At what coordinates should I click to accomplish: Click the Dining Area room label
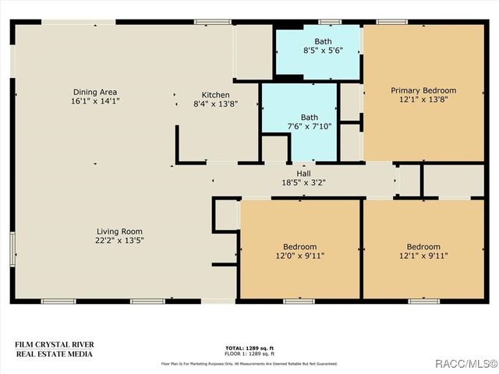pos(96,92)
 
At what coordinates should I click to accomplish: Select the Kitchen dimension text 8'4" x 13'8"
pos(215,104)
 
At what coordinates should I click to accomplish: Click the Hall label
pos(303,173)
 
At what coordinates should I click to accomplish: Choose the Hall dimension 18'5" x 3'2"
pos(303,182)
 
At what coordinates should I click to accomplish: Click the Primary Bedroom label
pos(423,90)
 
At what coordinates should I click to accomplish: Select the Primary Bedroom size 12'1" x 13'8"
pos(423,100)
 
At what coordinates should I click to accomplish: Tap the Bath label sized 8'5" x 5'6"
pos(323,41)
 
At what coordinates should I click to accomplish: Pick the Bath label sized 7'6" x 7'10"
pos(309,117)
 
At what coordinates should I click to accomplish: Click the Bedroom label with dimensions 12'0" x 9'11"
pos(300,246)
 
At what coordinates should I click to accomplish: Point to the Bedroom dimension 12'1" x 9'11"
pos(423,256)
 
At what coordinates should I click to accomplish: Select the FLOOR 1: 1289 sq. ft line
pos(249,353)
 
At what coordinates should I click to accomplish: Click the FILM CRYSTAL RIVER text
pos(54,344)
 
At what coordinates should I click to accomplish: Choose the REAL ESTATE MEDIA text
pos(54,354)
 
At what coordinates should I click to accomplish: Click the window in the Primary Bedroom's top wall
pos(391,22)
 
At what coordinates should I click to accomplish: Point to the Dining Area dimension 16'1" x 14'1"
pos(96,101)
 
